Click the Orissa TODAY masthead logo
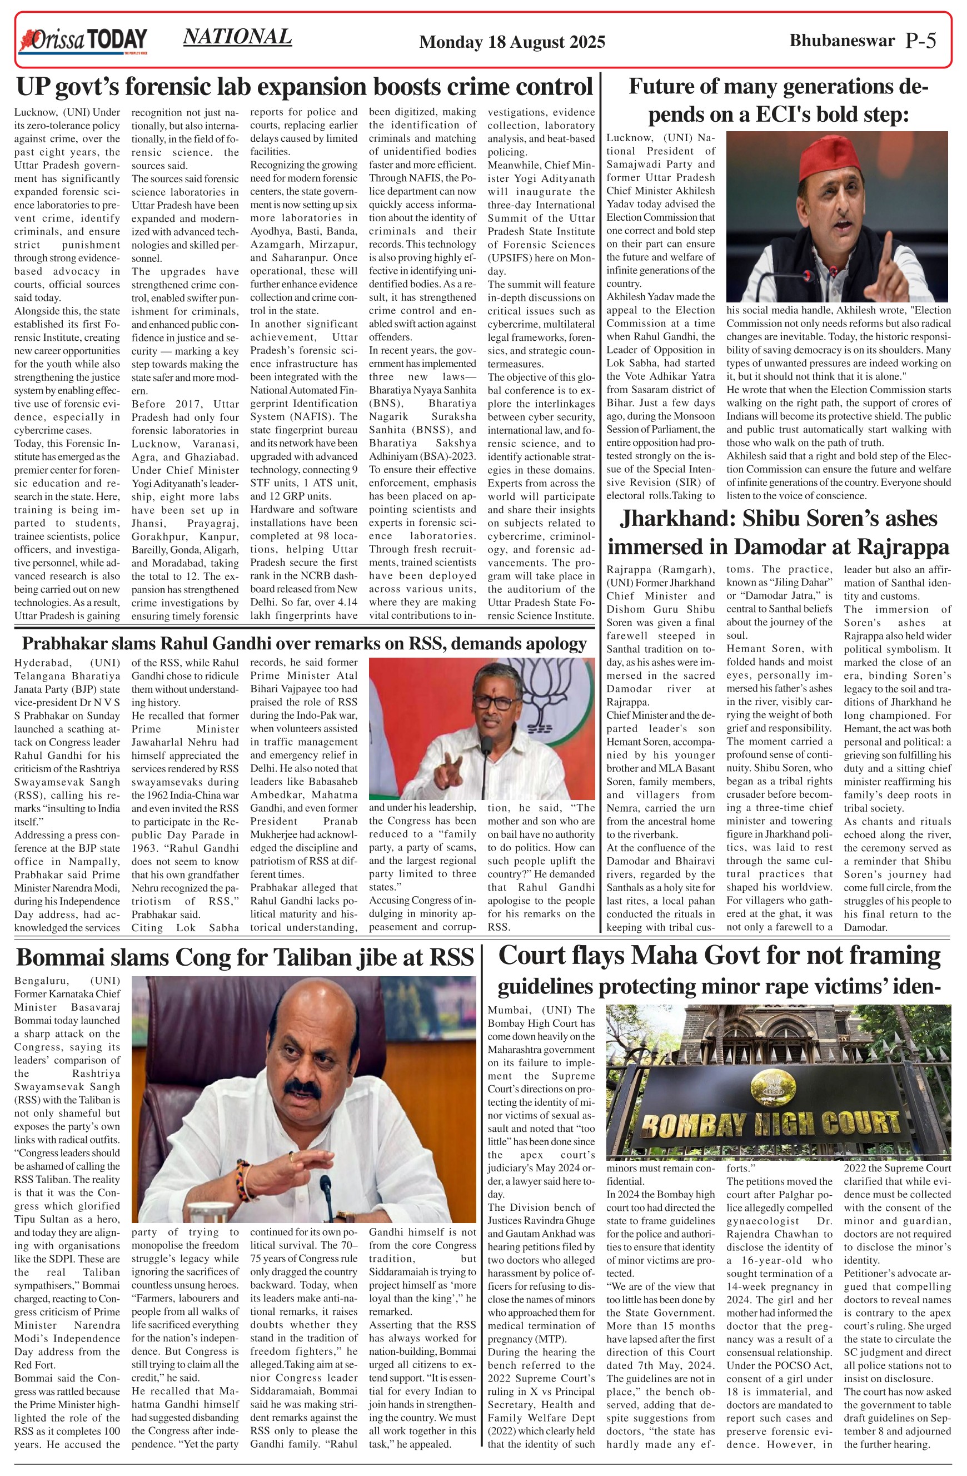click(x=84, y=41)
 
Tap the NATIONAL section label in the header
click(x=237, y=37)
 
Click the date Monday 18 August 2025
click(x=512, y=42)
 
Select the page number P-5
click(x=920, y=41)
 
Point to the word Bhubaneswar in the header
click(x=842, y=41)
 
